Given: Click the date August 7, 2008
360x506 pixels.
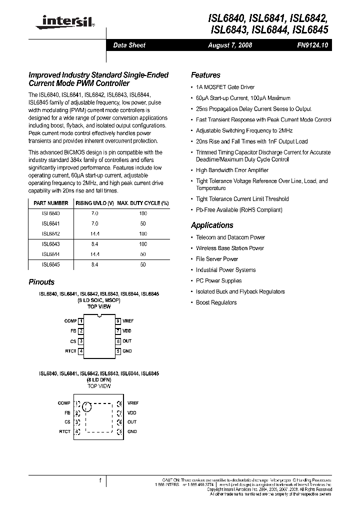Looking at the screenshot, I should coord(230,45).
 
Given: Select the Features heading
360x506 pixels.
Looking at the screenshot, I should coord(205,75).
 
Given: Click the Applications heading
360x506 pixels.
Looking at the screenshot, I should coord(212,225).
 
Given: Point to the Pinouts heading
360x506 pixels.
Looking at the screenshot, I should coord(41,282).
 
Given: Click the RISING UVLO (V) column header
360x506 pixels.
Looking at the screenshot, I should coord(94,203).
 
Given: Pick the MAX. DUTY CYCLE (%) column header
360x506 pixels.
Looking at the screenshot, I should coord(143,203).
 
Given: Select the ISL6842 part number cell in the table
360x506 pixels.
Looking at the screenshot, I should coord(50,233).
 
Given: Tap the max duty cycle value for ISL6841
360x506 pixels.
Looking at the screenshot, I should coord(143,223).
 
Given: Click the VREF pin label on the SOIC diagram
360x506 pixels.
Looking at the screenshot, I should coord(128,320).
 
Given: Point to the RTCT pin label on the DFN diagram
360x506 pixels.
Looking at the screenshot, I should coord(64,431).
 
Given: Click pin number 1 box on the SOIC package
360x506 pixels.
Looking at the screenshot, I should coord(80,320).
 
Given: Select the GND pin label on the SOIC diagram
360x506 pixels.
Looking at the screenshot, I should coord(127,351).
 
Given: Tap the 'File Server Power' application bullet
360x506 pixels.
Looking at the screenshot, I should coord(217,259).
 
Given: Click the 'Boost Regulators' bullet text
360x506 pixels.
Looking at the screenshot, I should coord(216,302).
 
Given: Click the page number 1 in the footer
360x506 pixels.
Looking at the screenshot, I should coord(100,480).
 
